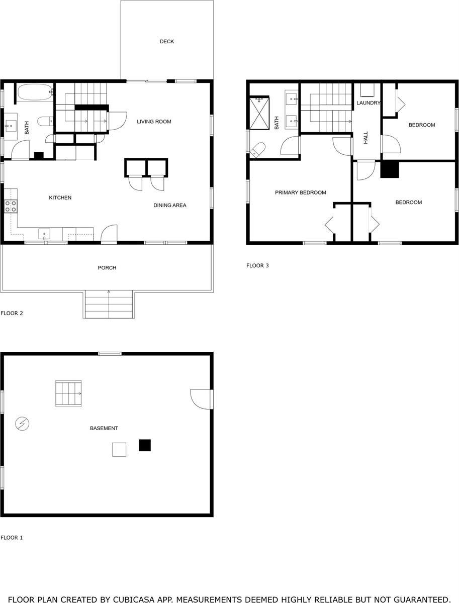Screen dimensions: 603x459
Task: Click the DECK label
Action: point(167,42)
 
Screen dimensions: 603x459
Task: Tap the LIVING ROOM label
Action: point(154,122)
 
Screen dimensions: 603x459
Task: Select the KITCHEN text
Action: point(60,197)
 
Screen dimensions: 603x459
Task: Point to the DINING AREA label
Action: point(169,205)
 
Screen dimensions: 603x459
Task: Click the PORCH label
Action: point(107,268)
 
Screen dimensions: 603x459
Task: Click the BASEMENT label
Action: point(104,428)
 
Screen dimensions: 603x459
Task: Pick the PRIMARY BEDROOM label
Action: point(300,192)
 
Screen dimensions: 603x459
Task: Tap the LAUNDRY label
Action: point(368,103)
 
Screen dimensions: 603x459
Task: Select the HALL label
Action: point(366,138)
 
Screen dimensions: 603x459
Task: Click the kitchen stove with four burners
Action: point(11,206)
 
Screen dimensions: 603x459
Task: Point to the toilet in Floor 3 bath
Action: point(258,149)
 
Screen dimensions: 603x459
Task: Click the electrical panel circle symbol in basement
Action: point(22,424)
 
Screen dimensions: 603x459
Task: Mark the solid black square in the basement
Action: point(145,445)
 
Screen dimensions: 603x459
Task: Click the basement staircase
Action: point(68,393)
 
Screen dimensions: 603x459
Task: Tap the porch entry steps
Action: point(108,304)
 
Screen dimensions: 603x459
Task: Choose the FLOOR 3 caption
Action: point(257,266)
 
